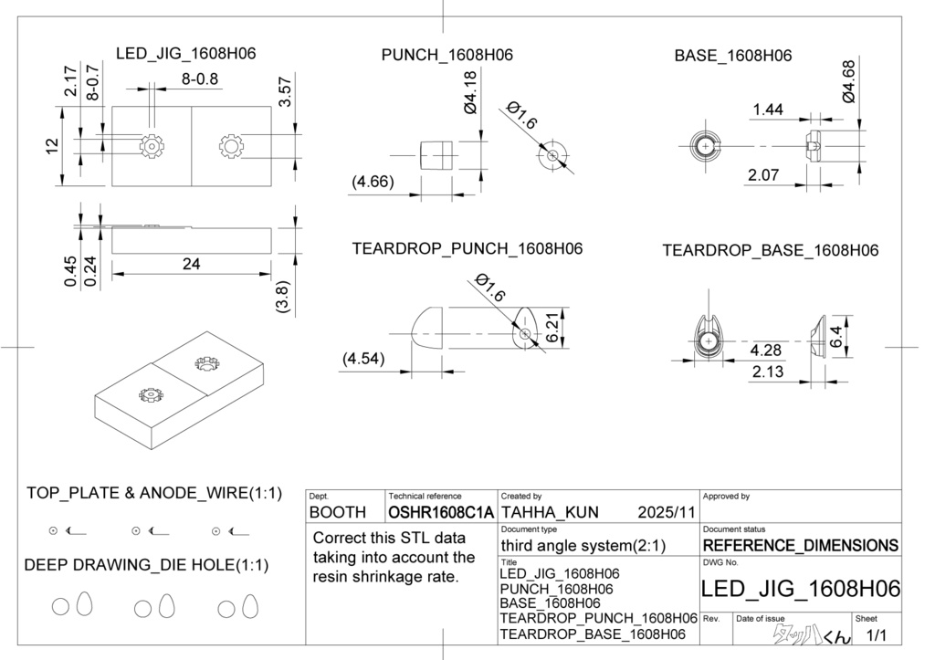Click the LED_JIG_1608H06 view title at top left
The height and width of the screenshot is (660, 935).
click(x=185, y=54)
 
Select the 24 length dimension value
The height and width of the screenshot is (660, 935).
click(x=191, y=264)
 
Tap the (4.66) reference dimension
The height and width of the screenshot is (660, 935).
click(x=373, y=182)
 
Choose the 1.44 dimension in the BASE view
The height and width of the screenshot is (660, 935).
click(x=768, y=110)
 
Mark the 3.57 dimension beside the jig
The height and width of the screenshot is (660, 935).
click(x=285, y=92)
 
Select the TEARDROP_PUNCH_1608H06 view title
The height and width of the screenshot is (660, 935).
click(x=467, y=248)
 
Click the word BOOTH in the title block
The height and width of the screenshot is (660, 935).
click(x=338, y=513)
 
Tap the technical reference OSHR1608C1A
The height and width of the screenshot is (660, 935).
click(x=441, y=513)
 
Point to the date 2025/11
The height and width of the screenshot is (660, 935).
click(x=667, y=513)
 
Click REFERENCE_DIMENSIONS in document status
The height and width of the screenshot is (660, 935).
click(x=800, y=546)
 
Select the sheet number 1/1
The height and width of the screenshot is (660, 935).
click(x=877, y=634)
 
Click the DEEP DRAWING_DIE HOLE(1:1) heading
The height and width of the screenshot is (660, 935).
click(x=147, y=565)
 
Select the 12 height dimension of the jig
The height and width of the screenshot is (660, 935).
click(x=52, y=144)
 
